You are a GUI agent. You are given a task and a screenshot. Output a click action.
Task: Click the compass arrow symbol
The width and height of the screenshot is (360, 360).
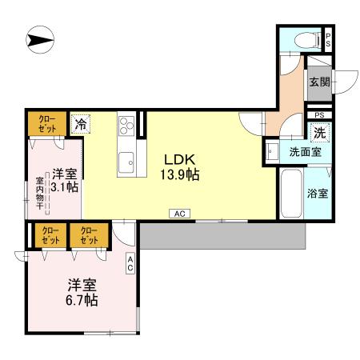point(38,38)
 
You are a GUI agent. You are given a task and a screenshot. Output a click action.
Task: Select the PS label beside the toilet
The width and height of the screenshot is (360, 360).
point(327,38)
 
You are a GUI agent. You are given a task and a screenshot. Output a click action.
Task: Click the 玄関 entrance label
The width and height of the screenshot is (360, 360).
point(318,81)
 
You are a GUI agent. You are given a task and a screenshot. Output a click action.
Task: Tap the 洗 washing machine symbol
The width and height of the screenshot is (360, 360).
point(319,132)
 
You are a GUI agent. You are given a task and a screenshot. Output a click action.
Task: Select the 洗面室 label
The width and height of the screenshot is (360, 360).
point(305,152)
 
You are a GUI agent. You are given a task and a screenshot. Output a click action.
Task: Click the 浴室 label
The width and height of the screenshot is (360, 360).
point(318,193)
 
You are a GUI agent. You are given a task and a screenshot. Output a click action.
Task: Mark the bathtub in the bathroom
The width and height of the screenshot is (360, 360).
point(290,193)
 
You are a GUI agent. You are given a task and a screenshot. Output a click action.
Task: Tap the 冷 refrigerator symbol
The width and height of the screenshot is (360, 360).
point(80,124)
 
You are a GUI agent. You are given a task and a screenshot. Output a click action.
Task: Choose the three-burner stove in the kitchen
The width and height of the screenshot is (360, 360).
point(127,125)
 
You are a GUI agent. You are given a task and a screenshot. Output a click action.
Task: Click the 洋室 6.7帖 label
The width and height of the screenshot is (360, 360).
point(82,292)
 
